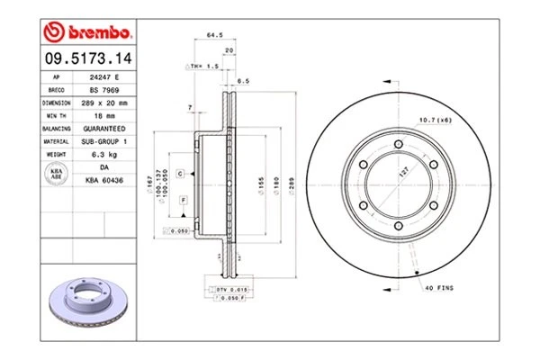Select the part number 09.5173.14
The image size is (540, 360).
point(86,58)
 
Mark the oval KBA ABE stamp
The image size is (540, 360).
point(55,173)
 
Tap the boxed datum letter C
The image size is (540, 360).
point(180,172)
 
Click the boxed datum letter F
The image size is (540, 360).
point(183,198)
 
